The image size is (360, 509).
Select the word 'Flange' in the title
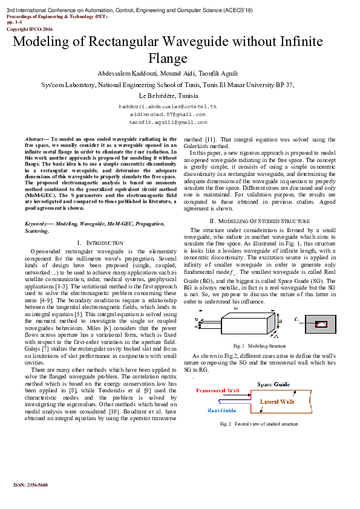click(x=168, y=59)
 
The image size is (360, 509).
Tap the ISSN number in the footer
click(x=30, y=485)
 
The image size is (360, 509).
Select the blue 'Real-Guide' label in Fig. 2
click(x=221, y=410)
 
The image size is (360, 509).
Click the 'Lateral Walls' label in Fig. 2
click(x=278, y=401)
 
